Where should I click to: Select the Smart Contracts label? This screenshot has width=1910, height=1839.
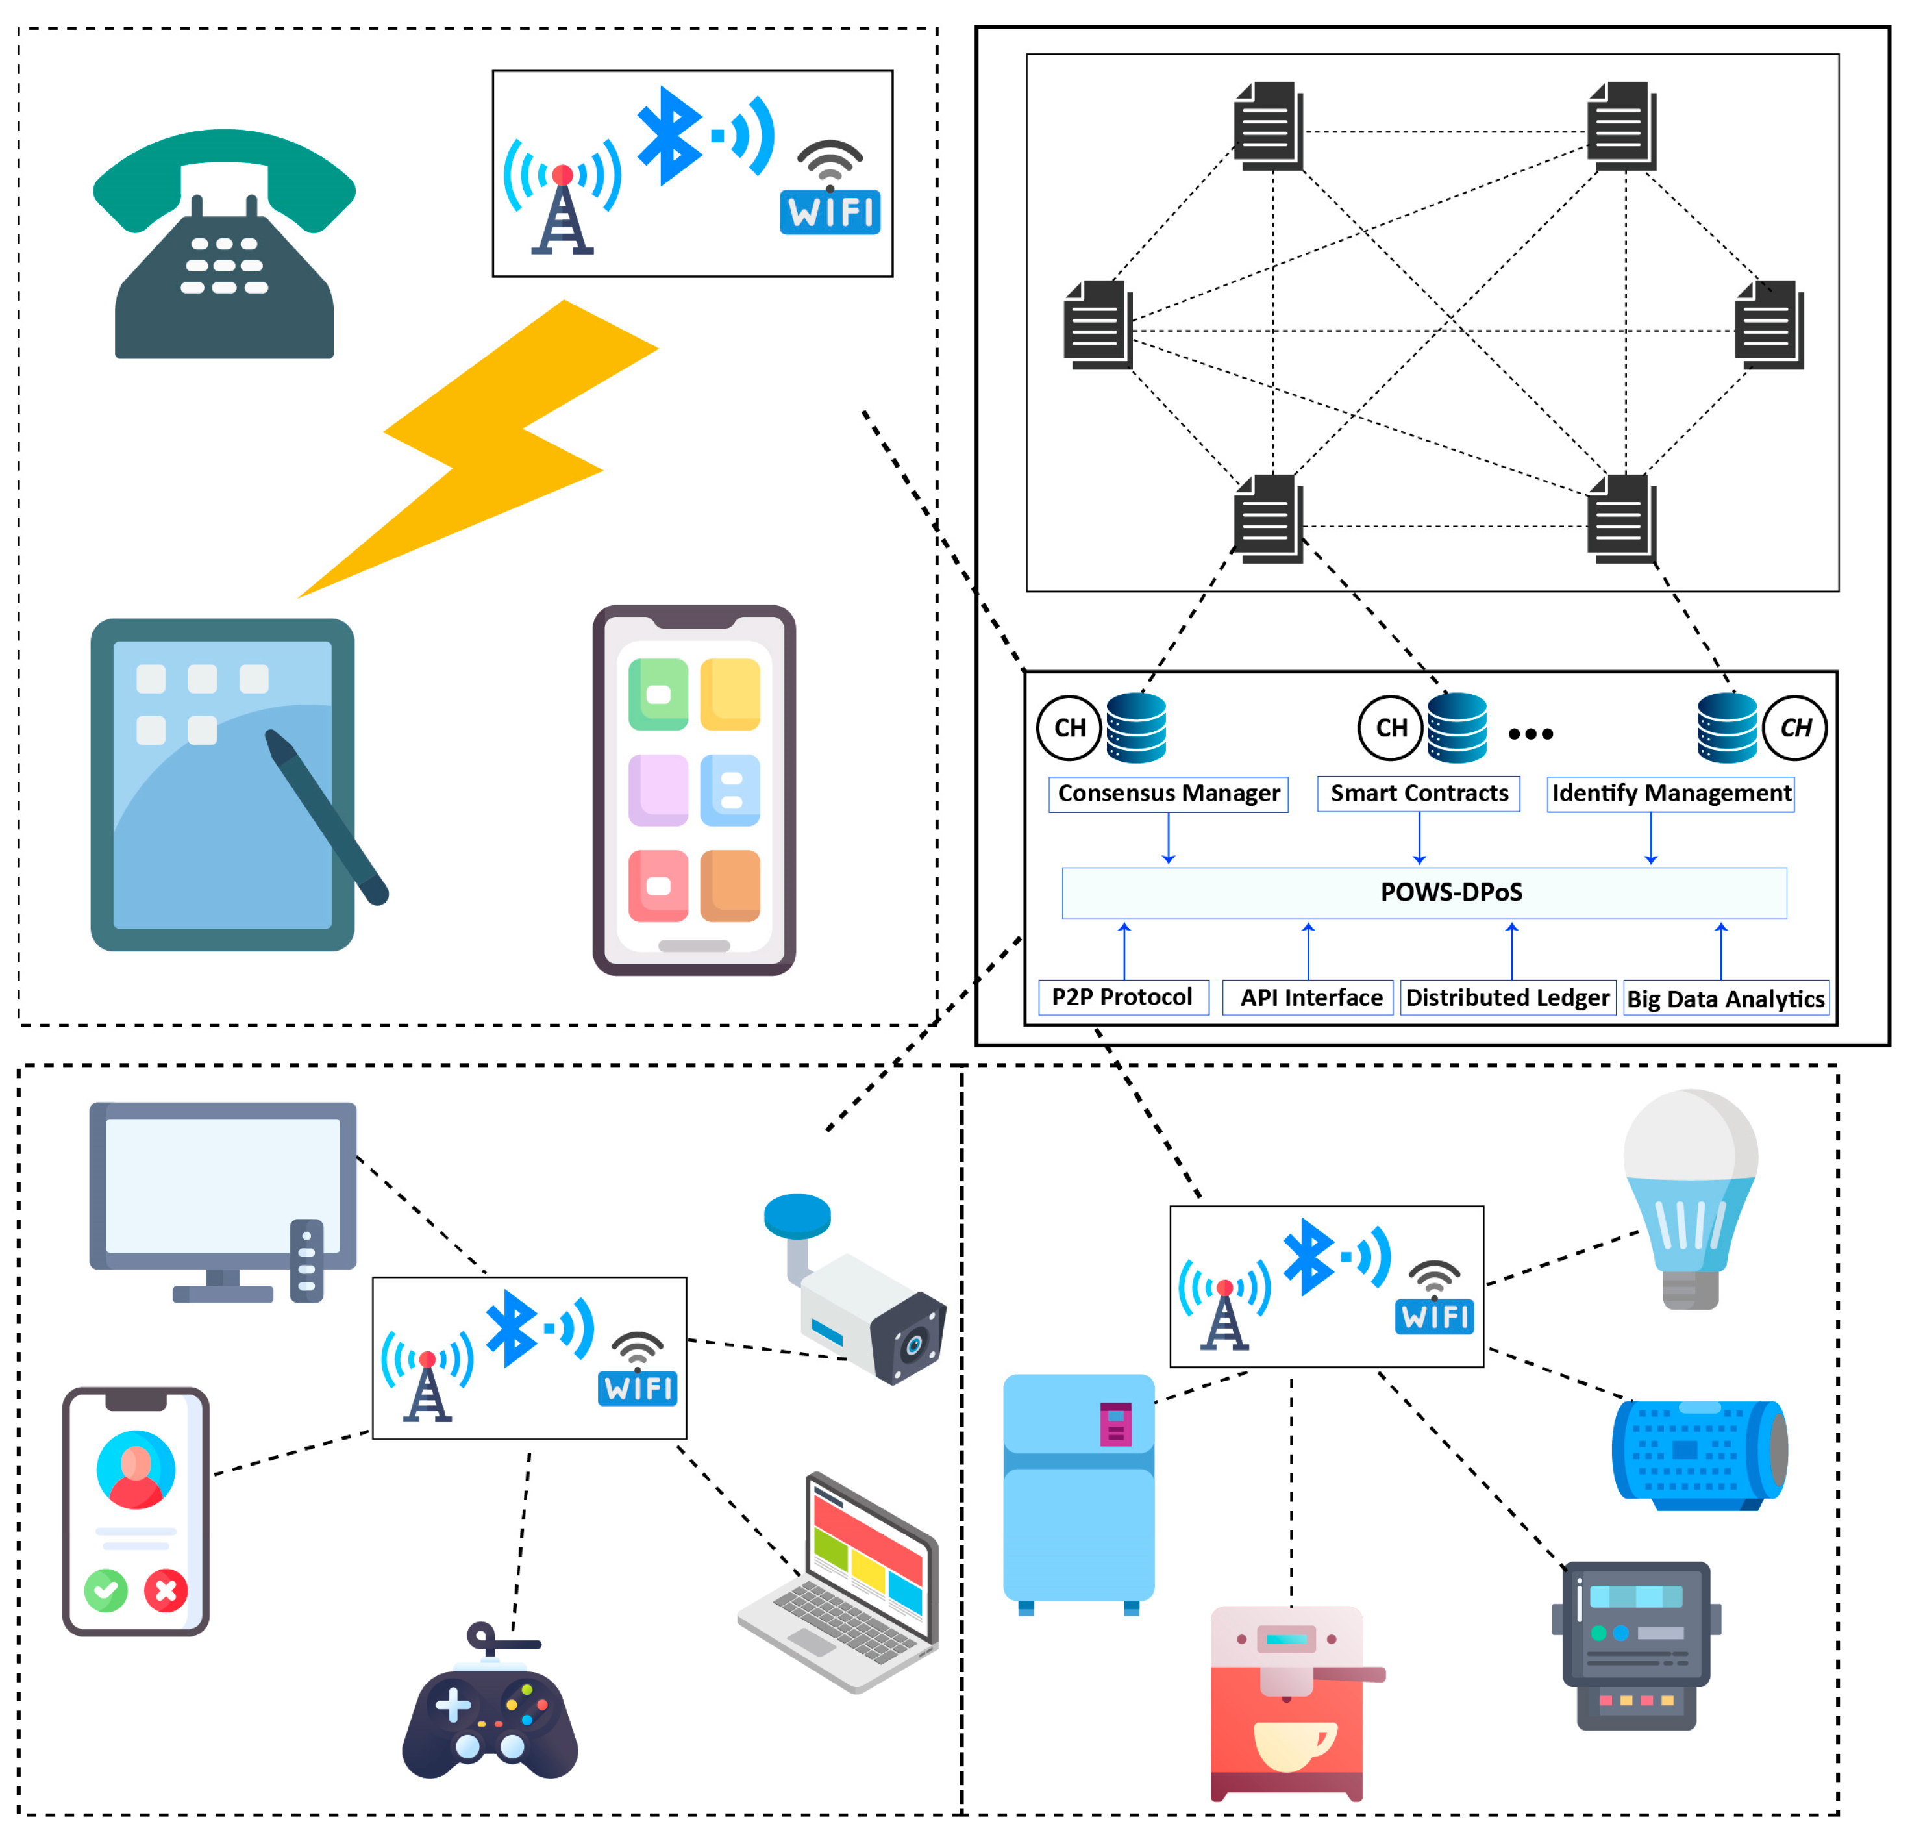[x=1418, y=794]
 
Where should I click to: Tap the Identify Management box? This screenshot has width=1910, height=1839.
[x=1670, y=794]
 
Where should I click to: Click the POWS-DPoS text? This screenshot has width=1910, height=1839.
[x=1451, y=892]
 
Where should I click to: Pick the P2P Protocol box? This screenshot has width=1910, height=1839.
[x=1122, y=997]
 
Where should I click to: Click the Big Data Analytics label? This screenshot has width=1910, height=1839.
[x=1725, y=999]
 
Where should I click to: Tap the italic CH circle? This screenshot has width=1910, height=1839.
[x=1795, y=727]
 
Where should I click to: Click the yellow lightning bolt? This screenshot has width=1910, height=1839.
[x=482, y=448]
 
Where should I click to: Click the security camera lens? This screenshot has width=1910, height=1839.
[x=913, y=1346]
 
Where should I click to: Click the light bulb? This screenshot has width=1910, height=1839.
[x=1691, y=1189]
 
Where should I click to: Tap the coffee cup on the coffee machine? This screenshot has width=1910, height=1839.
[x=1291, y=1744]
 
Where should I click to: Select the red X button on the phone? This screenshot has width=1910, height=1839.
[x=166, y=1590]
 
